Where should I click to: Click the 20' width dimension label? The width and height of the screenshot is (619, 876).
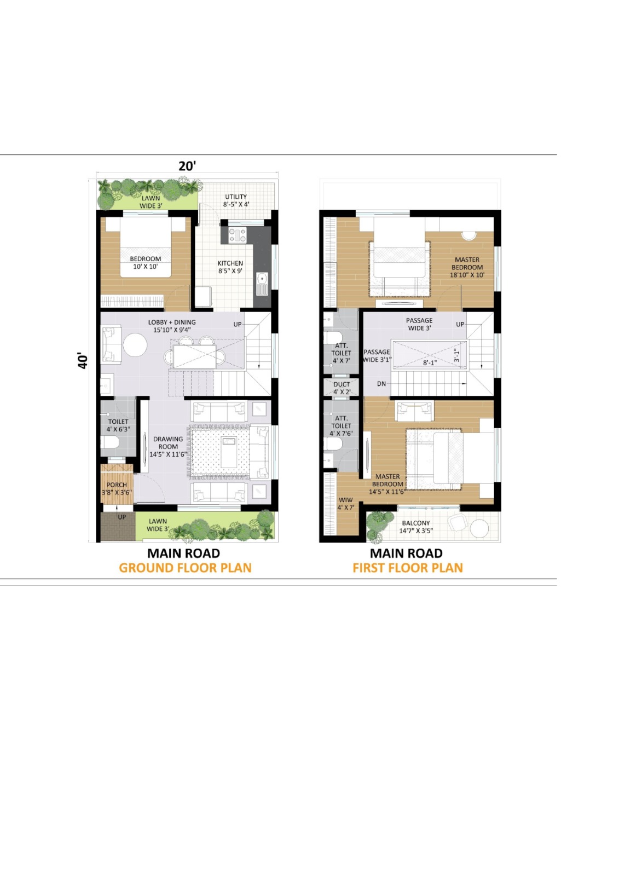[187, 166]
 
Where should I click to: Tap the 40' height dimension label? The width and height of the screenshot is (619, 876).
[83, 360]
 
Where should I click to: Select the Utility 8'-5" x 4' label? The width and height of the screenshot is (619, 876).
[236, 200]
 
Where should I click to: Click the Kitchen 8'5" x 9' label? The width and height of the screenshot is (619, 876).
[230, 267]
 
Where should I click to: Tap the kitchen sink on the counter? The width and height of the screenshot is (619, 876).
[263, 284]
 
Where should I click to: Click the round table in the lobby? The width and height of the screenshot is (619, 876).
[135, 345]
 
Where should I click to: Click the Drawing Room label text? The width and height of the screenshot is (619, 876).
[167, 446]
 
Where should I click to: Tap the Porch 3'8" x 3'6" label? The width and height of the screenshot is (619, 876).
[117, 488]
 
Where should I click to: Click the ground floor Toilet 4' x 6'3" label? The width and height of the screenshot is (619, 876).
[118, 425]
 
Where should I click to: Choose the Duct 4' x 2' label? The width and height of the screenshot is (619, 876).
[342, 388]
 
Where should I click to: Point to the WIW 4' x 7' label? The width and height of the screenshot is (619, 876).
[345, 504]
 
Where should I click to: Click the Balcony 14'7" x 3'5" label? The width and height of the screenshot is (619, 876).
[415, 527]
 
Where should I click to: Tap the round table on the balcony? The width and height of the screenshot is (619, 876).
[479, 528]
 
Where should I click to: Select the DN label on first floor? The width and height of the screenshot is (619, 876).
[381, 384]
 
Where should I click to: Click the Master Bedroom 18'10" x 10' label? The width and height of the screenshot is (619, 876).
[467, 267]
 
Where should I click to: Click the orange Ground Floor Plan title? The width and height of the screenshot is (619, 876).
[185, 568]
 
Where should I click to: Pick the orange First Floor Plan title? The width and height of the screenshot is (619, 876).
[407, 568]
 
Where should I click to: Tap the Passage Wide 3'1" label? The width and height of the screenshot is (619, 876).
[377, 356]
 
